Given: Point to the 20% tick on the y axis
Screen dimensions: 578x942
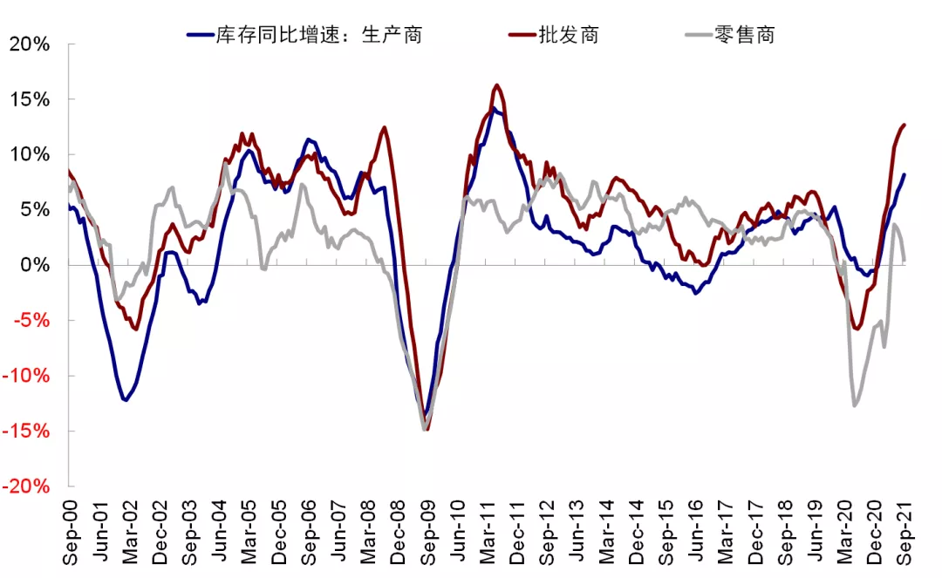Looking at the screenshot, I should [30, 43].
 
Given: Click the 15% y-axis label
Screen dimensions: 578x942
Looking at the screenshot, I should [30, 99].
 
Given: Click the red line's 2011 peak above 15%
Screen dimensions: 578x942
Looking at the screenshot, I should [496, 85].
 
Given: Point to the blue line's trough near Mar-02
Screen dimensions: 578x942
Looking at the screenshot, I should [126, 400].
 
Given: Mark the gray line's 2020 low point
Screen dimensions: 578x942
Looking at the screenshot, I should [855, 405].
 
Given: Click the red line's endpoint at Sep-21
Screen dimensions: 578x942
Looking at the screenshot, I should [904, 125].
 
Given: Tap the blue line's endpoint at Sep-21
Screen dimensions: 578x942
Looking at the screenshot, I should [904, 174].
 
